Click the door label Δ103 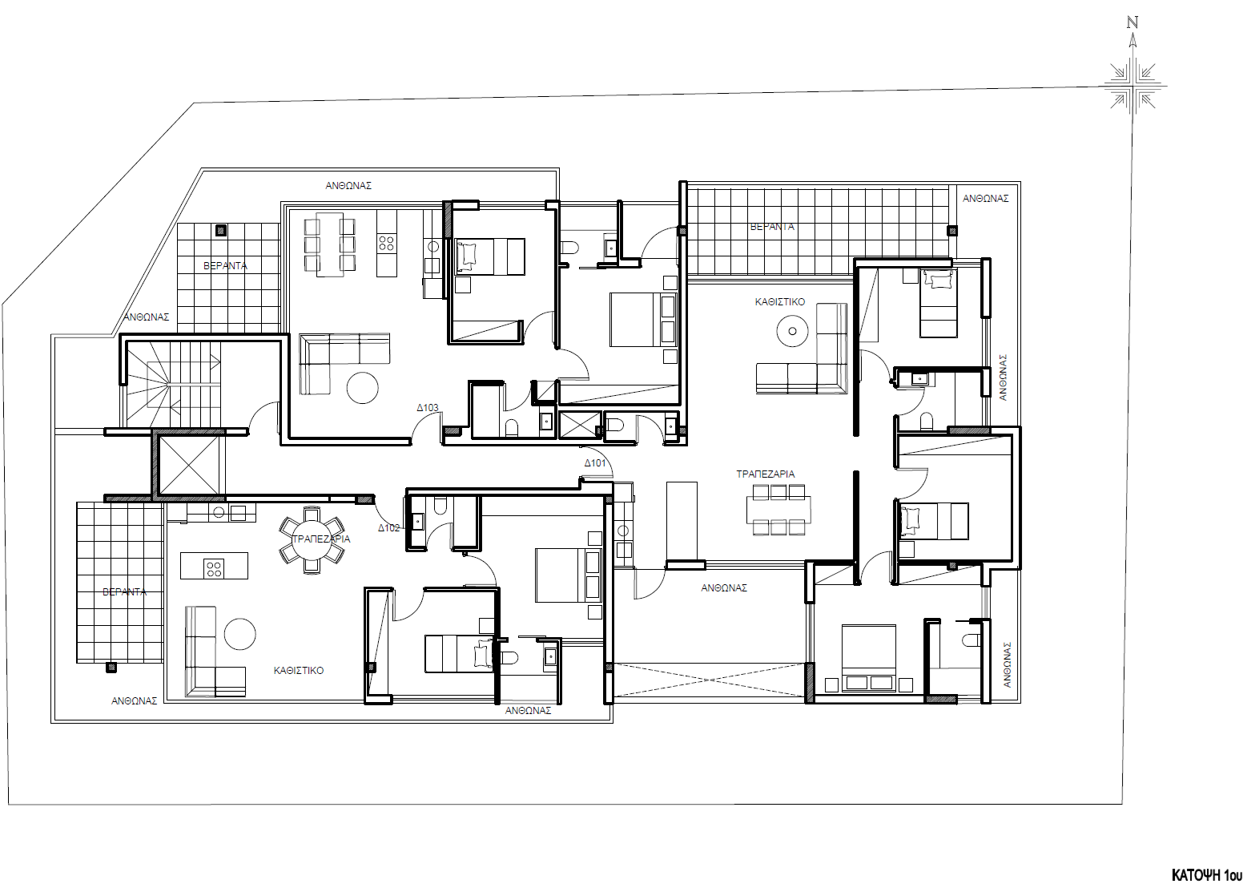click(428, 407)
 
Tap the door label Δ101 click(595, 463)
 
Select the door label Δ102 click(389, 528)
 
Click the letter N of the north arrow click(1132, 22)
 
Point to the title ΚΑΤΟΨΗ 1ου click(1207, 874)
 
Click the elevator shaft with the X click(189, 465)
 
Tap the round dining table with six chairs click(312, 539)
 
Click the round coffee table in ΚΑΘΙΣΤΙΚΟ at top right click(792, 330)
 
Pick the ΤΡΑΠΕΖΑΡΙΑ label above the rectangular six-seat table click(766, 474)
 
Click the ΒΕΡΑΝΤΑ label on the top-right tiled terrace click(772, 227)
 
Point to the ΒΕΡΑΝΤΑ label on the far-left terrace click(125, 591)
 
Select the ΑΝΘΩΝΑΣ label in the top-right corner click(985, 198)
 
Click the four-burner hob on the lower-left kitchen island click(214, 568)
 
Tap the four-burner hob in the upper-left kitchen click(386, 242)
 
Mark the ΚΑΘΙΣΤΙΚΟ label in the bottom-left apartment click(299, 670)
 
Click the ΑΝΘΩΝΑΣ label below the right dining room click(724, 587)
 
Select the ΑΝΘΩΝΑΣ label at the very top click(348, 185)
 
